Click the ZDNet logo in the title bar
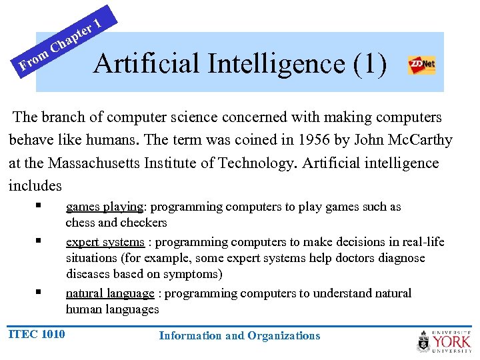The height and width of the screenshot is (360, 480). point(421,65)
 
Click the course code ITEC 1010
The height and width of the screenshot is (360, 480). point(37,334)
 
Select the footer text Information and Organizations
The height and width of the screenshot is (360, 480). point(239,336)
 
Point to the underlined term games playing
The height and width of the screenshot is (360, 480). point(105,207)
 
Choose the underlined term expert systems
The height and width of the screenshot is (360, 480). point(105,242)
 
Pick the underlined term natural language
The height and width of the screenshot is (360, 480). point(110,293)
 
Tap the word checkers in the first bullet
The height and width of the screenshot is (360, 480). point(144,223)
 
